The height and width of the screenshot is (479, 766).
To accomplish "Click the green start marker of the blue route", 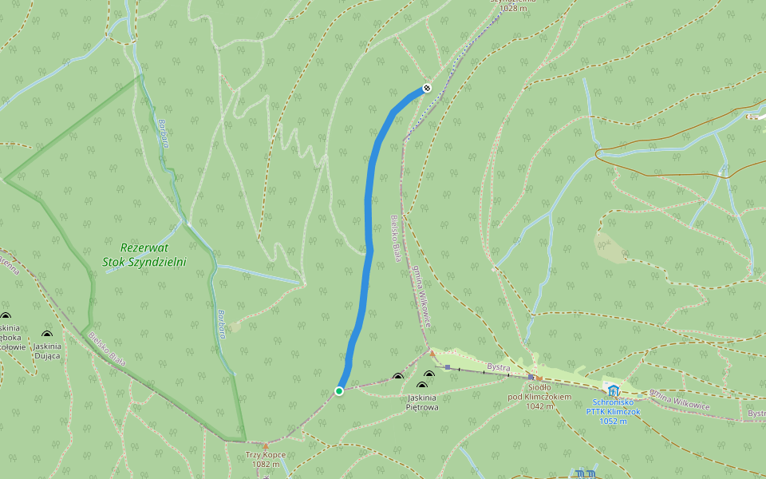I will coord(339,390).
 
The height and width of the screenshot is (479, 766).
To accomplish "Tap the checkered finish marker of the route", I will coord(427,87).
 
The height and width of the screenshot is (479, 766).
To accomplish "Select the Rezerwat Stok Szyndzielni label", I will coord(144,255).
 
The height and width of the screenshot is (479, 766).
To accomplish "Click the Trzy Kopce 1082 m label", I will coord(266,459).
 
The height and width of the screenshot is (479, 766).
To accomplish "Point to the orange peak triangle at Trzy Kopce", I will coord(266,443).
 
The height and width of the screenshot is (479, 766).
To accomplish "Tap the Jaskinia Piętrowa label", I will coord(422,402).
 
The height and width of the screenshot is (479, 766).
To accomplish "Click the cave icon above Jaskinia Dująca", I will coord(46,334).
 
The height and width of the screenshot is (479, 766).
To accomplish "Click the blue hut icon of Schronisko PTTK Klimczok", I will coord(613,390).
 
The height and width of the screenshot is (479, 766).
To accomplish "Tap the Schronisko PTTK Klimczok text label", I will coord(613,411).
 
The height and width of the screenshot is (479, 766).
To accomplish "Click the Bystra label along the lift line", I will coord(498,368).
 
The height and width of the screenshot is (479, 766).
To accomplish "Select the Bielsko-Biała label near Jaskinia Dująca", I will coord(107,347).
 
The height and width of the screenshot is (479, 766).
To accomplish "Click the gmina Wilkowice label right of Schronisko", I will coord(680,399).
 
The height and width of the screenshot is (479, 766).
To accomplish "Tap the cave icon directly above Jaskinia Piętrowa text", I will coord(422,386).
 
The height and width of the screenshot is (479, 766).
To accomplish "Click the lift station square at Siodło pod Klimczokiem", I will coord(531,377).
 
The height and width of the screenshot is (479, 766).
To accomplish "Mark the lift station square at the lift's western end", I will coord(448,367).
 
